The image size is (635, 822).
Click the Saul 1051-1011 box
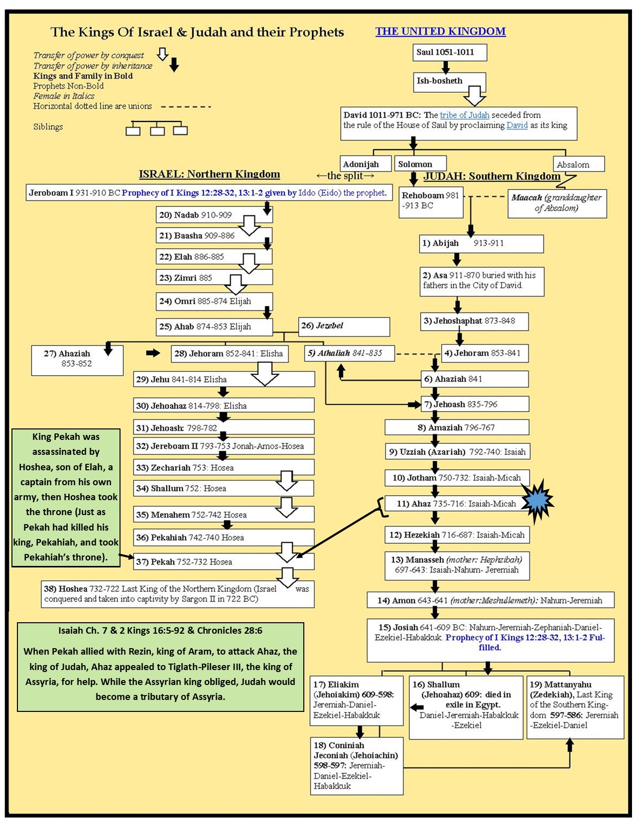click(449, 52)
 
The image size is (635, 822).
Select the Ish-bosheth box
click(449, 81)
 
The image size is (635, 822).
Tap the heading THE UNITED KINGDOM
click(440, 31)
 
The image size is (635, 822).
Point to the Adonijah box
click(361, 164)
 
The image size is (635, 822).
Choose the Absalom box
click(578, 164)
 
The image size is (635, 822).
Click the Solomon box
click(420, 164)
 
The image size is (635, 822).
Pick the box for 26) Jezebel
click(344, 326)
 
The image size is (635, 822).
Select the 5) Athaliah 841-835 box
click(349, 353)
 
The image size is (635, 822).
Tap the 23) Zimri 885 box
click(214, 277)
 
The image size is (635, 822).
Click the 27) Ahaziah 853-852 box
click(77, 359)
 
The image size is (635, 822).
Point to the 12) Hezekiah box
click(457, 535)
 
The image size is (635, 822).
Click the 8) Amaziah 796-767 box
click(457, 427)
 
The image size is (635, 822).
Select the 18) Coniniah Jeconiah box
click(356, 766)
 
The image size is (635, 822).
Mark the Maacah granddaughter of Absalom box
click(557, 203)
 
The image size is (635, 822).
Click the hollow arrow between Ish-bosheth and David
click(475, 95)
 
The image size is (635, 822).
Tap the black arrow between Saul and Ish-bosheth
click(445, 67)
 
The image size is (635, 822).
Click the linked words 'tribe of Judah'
click(464, 115)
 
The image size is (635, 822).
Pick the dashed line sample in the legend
click(186, 107)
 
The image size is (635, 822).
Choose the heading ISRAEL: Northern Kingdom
click(209, 174)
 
